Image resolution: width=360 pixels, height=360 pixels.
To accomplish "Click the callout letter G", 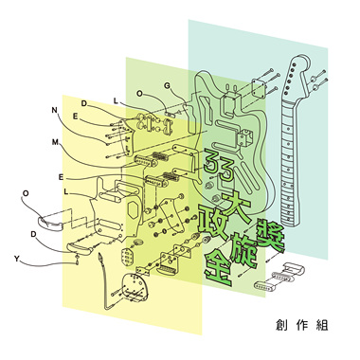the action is click(x=168, y=85).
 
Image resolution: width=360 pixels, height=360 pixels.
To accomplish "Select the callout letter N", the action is click(x=55, y=110).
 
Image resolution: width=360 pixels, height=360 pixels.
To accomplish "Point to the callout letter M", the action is click(x=55, y=142).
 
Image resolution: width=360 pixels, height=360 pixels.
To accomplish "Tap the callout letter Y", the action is click(x=17, y=260).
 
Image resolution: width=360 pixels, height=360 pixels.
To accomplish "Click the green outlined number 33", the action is click(x=219, y=165).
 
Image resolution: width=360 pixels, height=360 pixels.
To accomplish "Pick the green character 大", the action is click(x=234, y=206).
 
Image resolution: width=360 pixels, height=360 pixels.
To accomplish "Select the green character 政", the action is click(x=212, y=221).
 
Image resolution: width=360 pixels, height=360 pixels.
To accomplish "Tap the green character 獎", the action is click(x=269, y=236).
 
